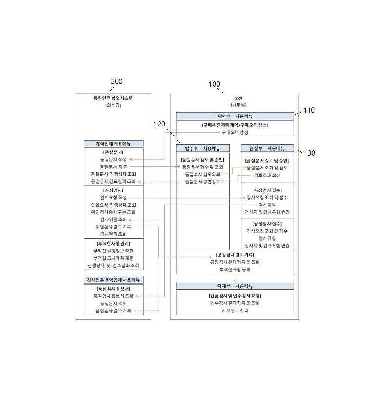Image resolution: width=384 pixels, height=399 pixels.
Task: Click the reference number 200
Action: (117, 81)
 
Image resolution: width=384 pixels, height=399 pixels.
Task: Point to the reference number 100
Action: (214, 84)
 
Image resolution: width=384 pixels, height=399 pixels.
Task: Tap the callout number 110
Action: (309, 110)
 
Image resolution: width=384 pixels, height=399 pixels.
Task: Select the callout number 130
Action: (310, 153)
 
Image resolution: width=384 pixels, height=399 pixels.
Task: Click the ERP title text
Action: (239, 98)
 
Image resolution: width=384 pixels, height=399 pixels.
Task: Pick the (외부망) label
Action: (113, 105)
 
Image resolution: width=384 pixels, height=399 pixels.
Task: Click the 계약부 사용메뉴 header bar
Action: (235, 116)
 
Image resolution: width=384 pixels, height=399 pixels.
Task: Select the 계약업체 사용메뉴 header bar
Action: (114, 144)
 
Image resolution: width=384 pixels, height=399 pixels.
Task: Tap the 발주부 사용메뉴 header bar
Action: (203, 148)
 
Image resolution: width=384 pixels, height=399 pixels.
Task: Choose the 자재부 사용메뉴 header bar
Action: (235, 286)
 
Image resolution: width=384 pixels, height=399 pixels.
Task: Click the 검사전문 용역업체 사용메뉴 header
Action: (114, 280)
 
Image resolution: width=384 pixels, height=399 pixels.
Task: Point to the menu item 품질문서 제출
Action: (113, 167)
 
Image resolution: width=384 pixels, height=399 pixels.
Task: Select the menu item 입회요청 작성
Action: (113, 197)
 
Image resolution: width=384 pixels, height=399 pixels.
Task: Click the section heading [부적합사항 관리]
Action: (113, 243)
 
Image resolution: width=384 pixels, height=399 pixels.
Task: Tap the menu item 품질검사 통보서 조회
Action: (113, 296)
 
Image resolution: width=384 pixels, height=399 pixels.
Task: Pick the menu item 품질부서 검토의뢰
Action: (203, 174)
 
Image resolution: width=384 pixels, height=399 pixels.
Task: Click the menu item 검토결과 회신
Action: (267, 175)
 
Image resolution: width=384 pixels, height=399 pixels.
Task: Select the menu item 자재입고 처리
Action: (235, 310)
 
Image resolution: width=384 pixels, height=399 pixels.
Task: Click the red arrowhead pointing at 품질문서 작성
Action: (131, 159)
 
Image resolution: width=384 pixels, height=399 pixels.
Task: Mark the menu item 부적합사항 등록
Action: (235, 269)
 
